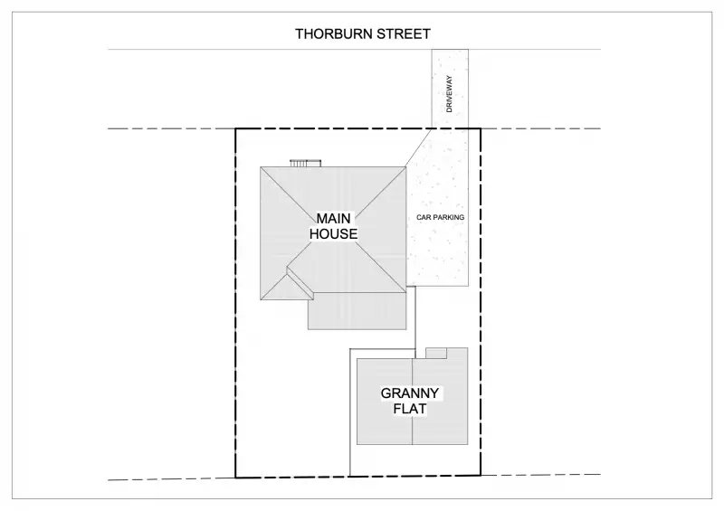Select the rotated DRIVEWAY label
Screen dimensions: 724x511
[x=449, y=94]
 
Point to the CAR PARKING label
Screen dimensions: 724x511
[x=440, y=218]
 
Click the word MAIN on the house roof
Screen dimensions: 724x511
[x=334, y=218]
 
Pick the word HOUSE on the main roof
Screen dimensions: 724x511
[x=334, y=234]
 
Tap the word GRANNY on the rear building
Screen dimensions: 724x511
[x=410, y=393]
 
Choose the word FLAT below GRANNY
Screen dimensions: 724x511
[x=410, y=410]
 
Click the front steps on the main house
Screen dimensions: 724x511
[x=305, y=163]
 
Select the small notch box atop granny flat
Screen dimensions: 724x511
[x=437, y=353]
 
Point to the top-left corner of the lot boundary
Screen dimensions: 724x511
[x=236, y=128]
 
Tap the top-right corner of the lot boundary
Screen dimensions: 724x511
[x=480, y=128]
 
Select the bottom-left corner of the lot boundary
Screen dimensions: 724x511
[x=236, y=477]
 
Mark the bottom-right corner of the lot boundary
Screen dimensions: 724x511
[x=480, y=476]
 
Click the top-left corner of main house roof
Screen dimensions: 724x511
[x=262, y=166]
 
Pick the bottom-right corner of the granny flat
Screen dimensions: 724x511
[x=468, y=444]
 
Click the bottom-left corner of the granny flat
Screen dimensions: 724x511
[x=357, y=444]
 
